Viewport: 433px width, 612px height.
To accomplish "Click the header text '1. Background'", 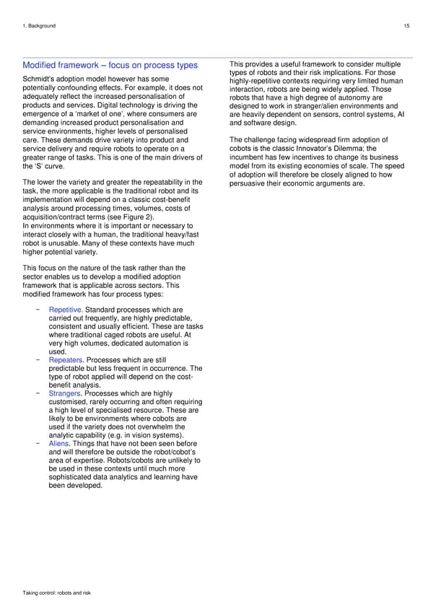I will coord(39,26).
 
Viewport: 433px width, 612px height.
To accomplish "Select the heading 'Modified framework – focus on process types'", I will coord(110,66).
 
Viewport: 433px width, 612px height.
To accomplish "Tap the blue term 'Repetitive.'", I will coord(66,311).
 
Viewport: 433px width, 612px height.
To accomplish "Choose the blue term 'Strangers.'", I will coord(65,394).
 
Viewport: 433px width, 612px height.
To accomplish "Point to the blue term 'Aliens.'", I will coord(59,445).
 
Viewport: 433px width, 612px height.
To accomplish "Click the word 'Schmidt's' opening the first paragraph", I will coord(40,79).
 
